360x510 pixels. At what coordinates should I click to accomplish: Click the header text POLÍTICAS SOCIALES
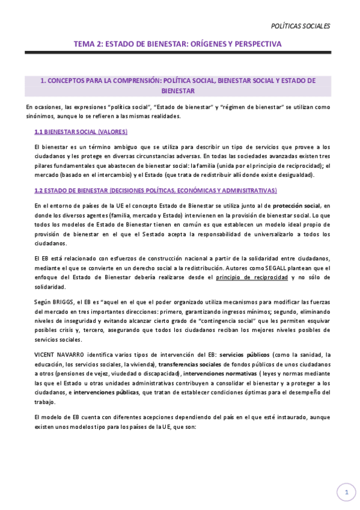pos(301,26)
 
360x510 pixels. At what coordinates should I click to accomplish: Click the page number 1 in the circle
pos(346,493)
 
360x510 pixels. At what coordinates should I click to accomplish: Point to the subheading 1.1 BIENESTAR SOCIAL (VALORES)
pos(81,132)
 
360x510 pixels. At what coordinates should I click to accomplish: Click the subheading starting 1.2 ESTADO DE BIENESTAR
pos(156,190)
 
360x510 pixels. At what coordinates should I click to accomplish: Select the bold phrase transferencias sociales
pos(189,365)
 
